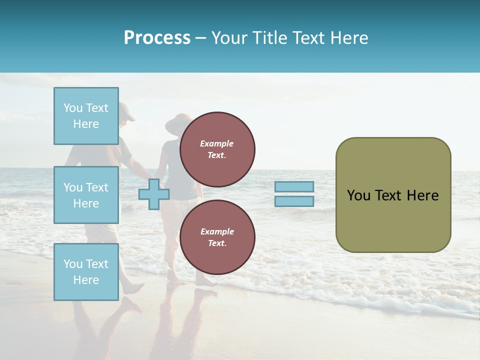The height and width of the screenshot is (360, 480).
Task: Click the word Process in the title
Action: pyautogui.click(x=157, y=38)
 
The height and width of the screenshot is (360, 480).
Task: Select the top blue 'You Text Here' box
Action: pyautogui.click(x=86, y=116)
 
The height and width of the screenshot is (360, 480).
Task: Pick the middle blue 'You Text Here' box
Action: pyautogui.click(x=86, y=195)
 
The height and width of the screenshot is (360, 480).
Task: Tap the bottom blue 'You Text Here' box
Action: pyautogui.click(x=86, y=272)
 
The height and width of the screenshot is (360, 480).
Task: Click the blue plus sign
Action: pyautogui.click(x=154, y=194)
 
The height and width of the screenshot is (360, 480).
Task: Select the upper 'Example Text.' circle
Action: pyautogui.click(x=217, y=149)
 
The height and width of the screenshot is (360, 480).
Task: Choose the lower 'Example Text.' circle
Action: pyautogui.click(x=217, y=237)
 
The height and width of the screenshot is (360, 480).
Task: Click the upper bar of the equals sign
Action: pyautogui.click(x=294, y=187)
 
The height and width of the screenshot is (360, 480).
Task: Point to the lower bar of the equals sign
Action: pyautogui.click(x=294, y=201)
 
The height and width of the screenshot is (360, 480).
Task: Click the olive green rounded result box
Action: pyautogui.click(x=393, y=220)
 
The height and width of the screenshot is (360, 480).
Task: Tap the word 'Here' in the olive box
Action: pyautogui.click(x=422, y=195)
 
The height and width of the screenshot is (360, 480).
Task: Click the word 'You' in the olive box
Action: pyautogui.click(x=358, y=195)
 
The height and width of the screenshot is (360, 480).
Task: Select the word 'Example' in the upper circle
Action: pyautogui.click(x=217, y=143)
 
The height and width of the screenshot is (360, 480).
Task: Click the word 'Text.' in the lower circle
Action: pyautogui.click(x=217, y=243)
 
